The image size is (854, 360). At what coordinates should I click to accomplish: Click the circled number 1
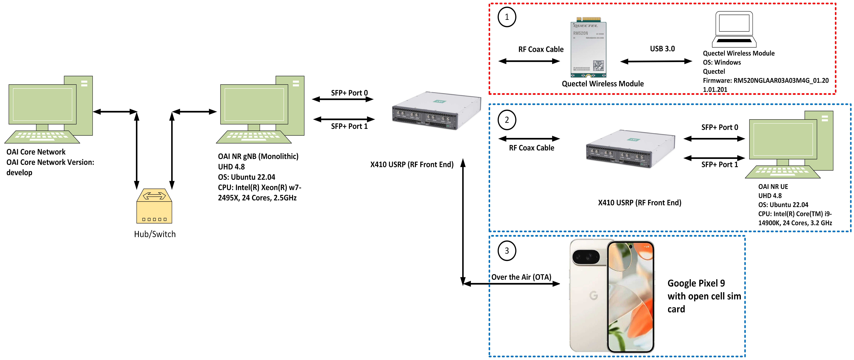tap(507, 17)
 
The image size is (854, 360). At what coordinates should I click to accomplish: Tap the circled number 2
tap(507, 120)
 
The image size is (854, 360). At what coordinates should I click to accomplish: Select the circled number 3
tap(507, 251)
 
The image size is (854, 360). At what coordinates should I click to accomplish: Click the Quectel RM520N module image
tap(588, 48)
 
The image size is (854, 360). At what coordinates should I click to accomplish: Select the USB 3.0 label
tap(662, 49)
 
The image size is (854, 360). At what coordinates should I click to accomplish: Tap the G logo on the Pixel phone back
tap(593, 295)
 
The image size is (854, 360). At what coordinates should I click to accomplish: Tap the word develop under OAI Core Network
tap(19, 173)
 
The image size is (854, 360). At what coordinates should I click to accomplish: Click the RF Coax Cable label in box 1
tap(541, 49)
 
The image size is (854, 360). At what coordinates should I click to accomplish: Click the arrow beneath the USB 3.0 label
tap(656, 61)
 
